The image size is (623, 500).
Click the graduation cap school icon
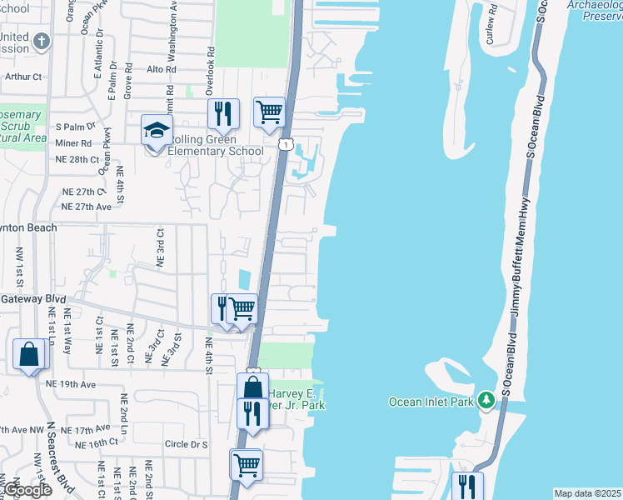(x=156, y=132)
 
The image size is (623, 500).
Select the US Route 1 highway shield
(x=285, y=145)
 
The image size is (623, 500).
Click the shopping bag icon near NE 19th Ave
(x=29, y=355)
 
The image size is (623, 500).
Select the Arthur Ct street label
(x=23, y=77)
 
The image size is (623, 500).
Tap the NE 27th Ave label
(x=87, y=207)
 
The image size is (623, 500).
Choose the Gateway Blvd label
(x=33, y=298)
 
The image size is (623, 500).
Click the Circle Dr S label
(x=186, y=444)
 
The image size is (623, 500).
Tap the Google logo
(x=27, y=490)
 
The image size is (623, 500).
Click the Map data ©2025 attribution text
(x=586, y=493)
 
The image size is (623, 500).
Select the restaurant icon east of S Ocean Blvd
(x=464, y=485)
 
